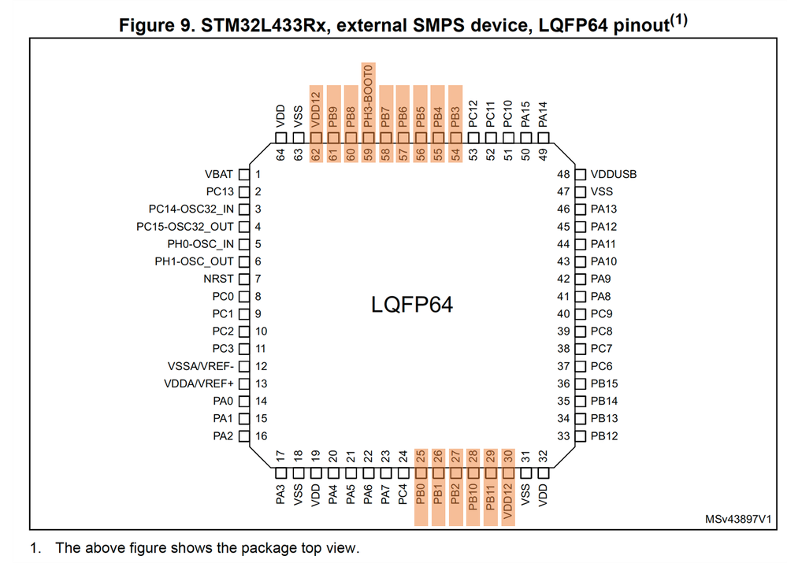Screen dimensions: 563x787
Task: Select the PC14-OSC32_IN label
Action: pyautogui.click(x=191, y=209)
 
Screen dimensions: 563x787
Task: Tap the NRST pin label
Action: pyautogui.click(x=219, y=279)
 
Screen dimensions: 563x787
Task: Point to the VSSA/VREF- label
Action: pyautogui.click(x=200, y=366)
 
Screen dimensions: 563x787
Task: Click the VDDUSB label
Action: pyautogui.click(x=613, y=174)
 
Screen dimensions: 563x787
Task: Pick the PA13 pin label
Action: pyautogui.click(x=604, y=209)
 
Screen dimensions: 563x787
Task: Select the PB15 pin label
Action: pyautogui.click(x=604, y=383)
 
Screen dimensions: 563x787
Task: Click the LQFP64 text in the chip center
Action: pyautogui.click(x=412, y=304)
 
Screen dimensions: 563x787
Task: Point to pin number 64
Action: pyautogui.click(x=280, y=154)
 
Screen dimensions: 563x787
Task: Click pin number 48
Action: pyautogui.click(x=563, y=174)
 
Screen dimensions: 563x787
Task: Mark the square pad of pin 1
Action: pyautogui.click(x=244, y=174)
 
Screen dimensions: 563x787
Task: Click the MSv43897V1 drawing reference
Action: pyautogui.click(x=737, y=520)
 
